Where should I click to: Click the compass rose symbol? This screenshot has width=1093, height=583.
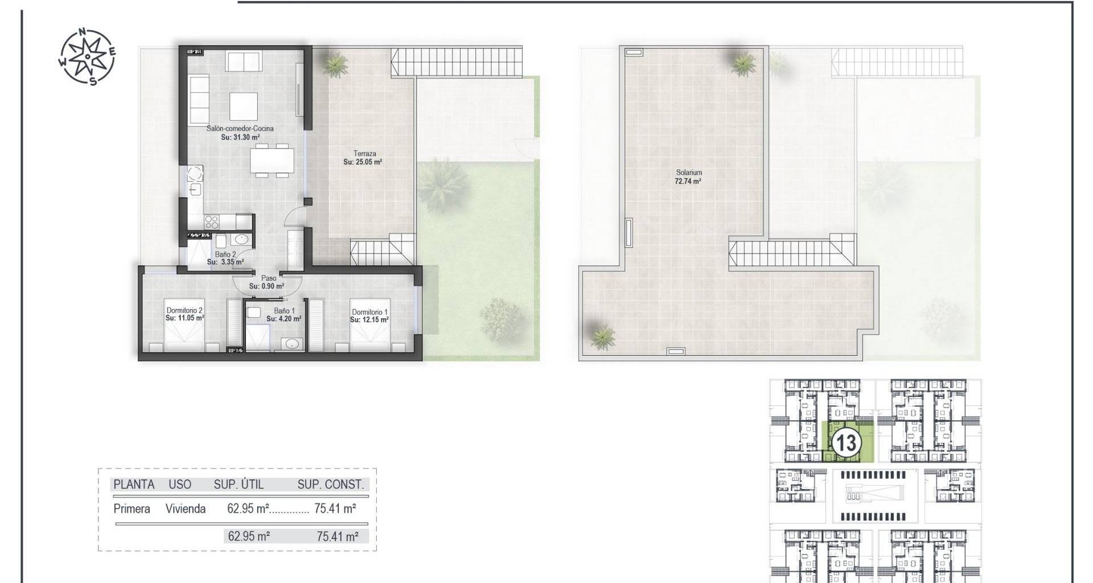[x=87, y=56]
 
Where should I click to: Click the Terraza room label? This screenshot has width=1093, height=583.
[x=364, y=154]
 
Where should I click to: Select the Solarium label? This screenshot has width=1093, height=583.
[x=689, y=173]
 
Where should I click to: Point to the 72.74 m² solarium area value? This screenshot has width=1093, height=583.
[x=688, y=182]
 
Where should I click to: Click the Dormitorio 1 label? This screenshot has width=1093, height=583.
[x=369, y=312]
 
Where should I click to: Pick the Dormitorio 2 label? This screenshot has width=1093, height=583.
[x=185, y=310]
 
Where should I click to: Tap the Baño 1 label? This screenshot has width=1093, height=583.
[x=285, y=311]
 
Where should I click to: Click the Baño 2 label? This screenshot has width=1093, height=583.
[x=225, y=254]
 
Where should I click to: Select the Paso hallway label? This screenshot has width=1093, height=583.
[x=269, y=278]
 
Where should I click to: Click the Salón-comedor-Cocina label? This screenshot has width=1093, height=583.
[x=240, y=129]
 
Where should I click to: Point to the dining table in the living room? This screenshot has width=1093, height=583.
[x=273, y=159]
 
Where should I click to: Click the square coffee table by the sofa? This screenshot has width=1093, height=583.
[x=243, y=105]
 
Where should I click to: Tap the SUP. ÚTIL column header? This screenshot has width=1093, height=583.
[x=239, y=485]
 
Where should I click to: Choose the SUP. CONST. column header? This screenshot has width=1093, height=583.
[x=331, y=485]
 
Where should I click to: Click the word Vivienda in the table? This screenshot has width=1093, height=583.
[x=186, y=509]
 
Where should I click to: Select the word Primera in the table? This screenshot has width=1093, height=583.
[x=132, y=509]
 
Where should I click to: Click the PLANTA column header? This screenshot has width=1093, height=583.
[x=134, y=485]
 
